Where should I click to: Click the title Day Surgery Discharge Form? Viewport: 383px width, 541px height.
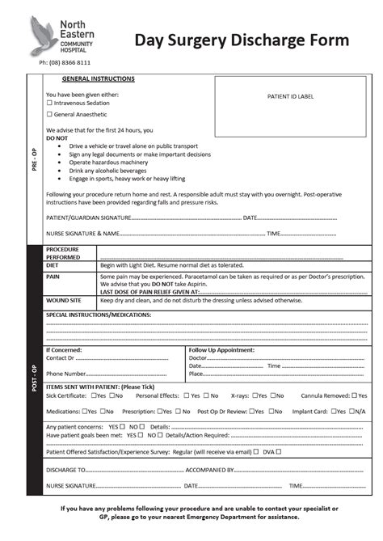(x=242, y=40)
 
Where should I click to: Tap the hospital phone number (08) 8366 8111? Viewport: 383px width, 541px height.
(x=65, y=62)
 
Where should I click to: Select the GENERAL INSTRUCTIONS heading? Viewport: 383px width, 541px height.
(x=99, y=79)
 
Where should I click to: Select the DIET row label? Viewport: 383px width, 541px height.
(x=53, y=264)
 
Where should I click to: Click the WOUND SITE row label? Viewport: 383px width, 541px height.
(x=62, y=299)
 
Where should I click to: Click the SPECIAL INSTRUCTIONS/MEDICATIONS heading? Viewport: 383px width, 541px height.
(x=98, y=313)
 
